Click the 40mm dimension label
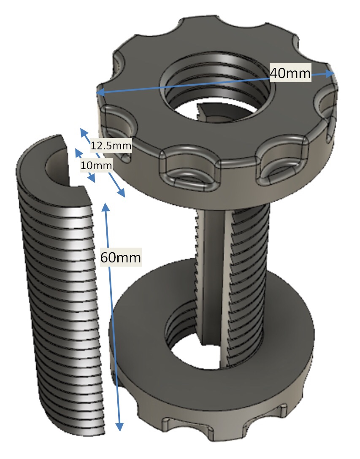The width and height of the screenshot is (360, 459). coord(290,73)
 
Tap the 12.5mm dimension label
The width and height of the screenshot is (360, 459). coord(111,145)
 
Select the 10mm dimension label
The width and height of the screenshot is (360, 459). coord(96,165)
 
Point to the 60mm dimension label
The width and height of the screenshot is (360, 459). coord(121,257)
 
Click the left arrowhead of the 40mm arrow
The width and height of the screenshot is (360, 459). coord(100,92)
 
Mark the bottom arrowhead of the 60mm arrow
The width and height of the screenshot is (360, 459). coord(119,427)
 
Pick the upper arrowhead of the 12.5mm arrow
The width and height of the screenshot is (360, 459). coord(84,132)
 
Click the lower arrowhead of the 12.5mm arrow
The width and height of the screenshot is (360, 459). coord(121,193)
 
